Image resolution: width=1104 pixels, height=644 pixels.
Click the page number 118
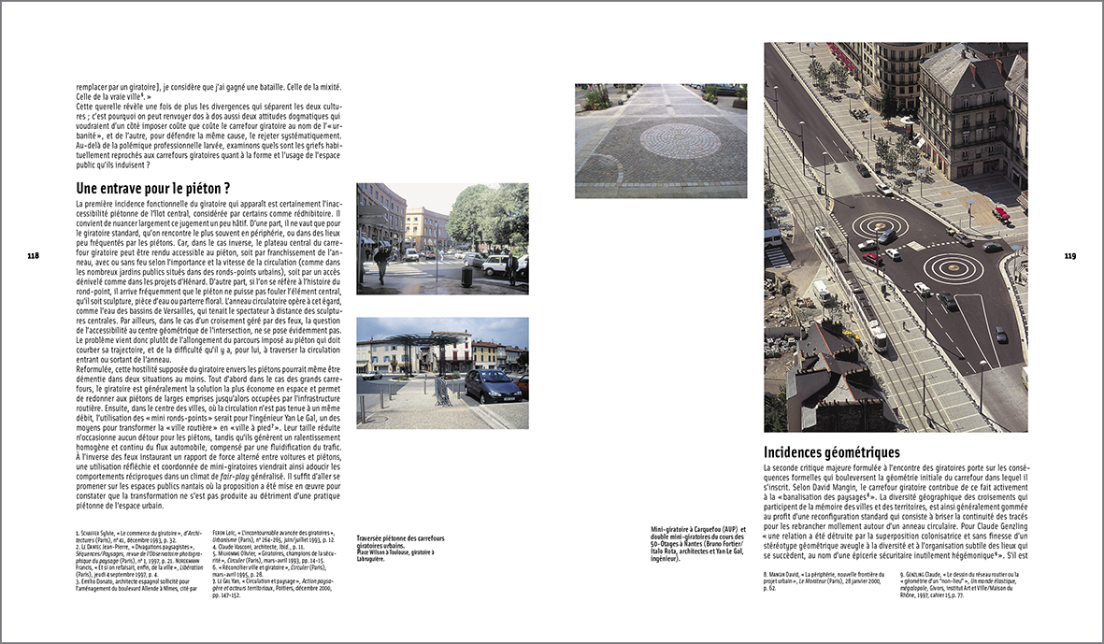[33, 255]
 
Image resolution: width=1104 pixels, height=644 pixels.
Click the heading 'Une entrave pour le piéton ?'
[153, 188]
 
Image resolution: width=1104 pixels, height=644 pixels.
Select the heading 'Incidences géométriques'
[831, 452]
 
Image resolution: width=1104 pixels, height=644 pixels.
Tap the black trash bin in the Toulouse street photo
[466, 278]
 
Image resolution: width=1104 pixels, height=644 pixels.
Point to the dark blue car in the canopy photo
[492, 383]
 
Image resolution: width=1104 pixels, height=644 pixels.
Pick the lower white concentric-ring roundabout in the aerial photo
[953, 269]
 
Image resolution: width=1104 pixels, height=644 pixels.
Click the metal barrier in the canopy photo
[441, 391]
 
